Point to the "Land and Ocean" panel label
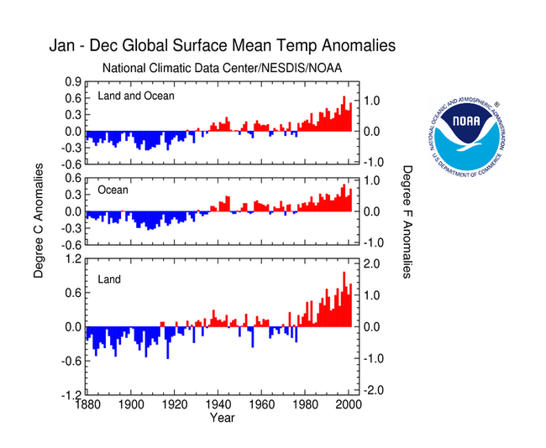tap(136, 96)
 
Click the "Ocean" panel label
tap(113, 190)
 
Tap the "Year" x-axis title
tap(222, 417)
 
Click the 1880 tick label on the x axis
tap(87, 404)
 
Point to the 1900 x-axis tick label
tap(130, 404)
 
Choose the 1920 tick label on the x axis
tap(172, 404)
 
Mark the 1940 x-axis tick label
tap(215, 404)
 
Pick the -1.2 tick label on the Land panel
tap(71, 394)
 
